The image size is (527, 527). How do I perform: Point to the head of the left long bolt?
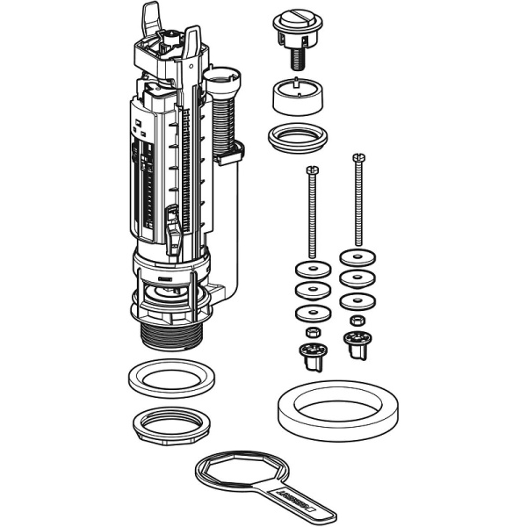309,170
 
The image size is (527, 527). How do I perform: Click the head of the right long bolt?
357,159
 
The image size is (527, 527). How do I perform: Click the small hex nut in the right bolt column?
357,320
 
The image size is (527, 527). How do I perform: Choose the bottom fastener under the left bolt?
310,354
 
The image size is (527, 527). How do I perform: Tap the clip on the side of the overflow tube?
230,155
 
